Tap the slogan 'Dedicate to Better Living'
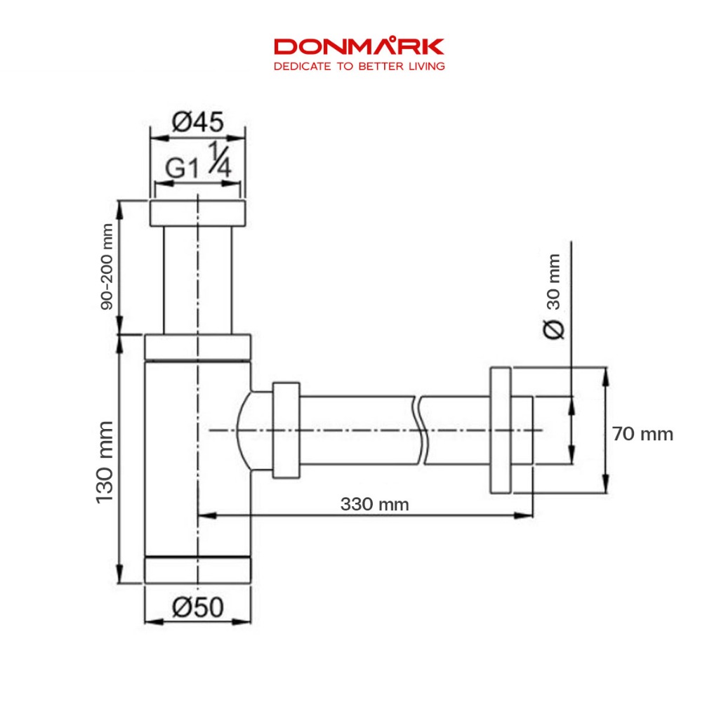click(x=359, y=67)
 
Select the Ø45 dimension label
click(x=197, y=122)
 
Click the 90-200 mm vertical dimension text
click(x=107, y=266)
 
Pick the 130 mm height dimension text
click(x=105, y=462)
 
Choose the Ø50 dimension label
click(x=197, y=607)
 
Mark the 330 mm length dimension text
click(x=375, y=504)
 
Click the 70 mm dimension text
click(x=642, y=434)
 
